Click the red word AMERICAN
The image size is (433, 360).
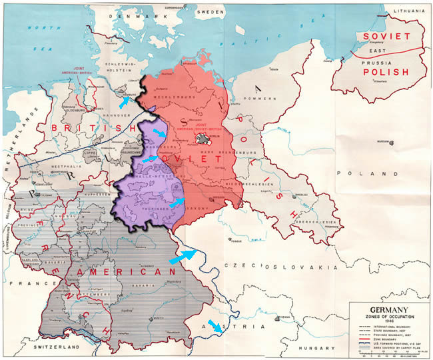coord(123,273)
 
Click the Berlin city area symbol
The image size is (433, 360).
coord(203,137)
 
